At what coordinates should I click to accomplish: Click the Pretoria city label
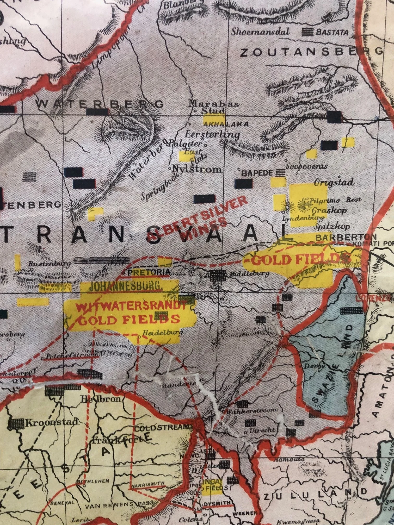click(149, 272)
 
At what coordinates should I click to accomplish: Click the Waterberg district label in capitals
click(99, 104)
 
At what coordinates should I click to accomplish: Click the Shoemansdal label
click(260, 32)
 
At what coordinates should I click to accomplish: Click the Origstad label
click(334, 182)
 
